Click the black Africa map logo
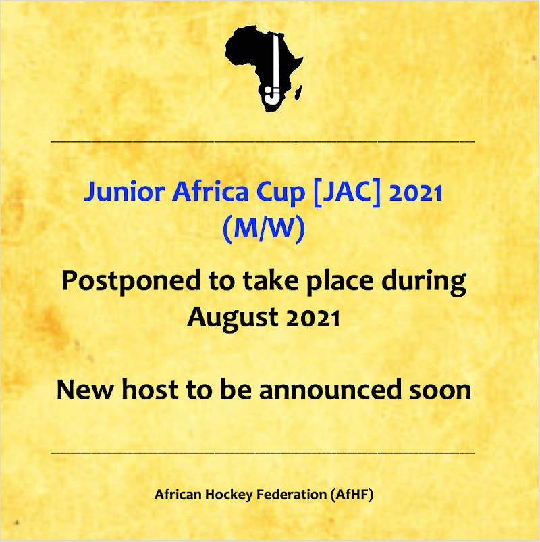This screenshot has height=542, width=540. tap(265, 70)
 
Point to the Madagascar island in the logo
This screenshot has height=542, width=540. tap(298, 93)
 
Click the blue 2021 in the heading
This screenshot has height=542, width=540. tap(415, 193)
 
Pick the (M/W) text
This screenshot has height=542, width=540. tap(264, 229)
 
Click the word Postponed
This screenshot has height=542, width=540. tap(131, 281)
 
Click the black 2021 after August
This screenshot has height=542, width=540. tap(313, 318)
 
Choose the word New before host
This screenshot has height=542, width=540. tap(85, 390)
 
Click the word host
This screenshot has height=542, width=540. tap(150, 389)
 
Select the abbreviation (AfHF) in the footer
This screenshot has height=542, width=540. tap(352, 495)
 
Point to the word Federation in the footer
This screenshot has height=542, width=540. tap(292, 494)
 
